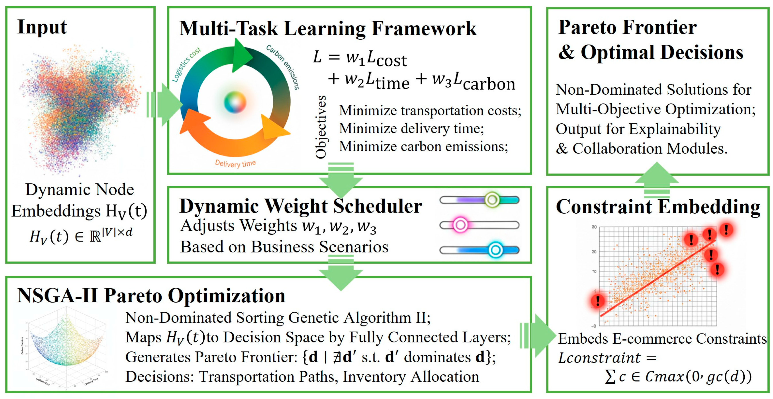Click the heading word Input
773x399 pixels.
pyautogui.click(x=42, y=27)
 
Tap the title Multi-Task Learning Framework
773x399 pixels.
pyautogui.click(x=328, y=29)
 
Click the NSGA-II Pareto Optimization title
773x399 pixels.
pyautogui.click(x=151, y=296)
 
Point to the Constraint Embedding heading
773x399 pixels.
pyautogui.click(x=658, y=207)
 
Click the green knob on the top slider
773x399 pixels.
pyautogui.click(x=492, y=200)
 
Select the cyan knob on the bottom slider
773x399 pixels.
pyautogui.click(x=495, y=250)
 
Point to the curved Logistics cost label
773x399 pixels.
pyautogui.click(x=186, y=64)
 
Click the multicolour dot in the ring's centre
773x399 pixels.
pyautogui.click(x=235, y=102)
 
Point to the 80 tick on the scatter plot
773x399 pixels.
pyautogui.click(x=594, y=227)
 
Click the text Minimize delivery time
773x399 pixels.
pyautogui.click(x=411, y=128)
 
